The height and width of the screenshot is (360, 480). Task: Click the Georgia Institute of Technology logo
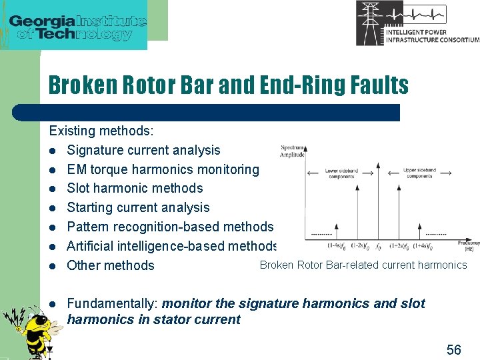tap(77, 25)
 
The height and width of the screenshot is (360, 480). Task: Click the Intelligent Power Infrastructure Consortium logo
tap(417, 23)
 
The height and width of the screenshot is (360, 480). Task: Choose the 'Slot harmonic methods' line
tap(135, 188)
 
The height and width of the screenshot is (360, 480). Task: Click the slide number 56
tap(453, 349)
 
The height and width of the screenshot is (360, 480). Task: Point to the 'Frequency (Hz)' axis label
tap(469, 246)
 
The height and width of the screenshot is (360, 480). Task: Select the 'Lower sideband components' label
tap(341, 173)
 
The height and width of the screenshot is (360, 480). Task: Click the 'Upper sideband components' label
tap(419, 173)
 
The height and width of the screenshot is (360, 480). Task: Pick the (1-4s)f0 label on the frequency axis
tap(336, 246)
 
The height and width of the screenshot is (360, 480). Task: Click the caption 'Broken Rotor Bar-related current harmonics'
tap(363, 265)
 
